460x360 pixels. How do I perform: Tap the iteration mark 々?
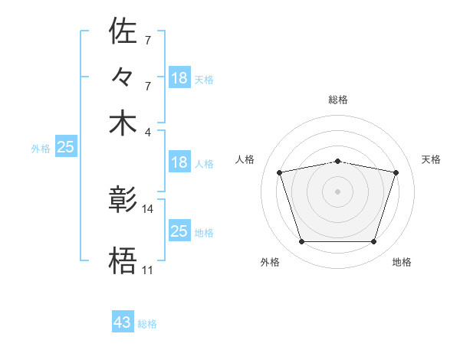coord(123,78)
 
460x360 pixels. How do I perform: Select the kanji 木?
coord(123,123)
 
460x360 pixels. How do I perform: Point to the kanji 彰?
coord(123,201)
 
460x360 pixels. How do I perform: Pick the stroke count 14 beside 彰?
coord(148,208)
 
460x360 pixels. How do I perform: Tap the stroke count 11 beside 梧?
coord(147,270)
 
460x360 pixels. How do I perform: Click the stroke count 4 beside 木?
coord(148,131)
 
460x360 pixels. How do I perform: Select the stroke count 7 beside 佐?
coord(148,39)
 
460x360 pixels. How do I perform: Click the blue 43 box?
coord(123,322)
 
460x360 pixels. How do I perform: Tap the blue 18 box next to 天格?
coord(179,78)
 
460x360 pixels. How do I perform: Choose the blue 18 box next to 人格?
coord(179,162)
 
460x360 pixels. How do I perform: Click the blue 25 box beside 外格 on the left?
coord(65,147)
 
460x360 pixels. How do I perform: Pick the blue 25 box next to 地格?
coord(179,231)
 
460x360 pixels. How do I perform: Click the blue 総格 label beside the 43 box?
coord(147,324)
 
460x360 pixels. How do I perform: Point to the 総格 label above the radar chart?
coord(338,100)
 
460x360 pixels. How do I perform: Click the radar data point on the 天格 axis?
coord(396,172)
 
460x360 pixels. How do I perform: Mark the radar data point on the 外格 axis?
coord(301,242)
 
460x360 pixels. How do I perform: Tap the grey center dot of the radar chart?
coord(338,191)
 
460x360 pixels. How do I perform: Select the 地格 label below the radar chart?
coord(402,263)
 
